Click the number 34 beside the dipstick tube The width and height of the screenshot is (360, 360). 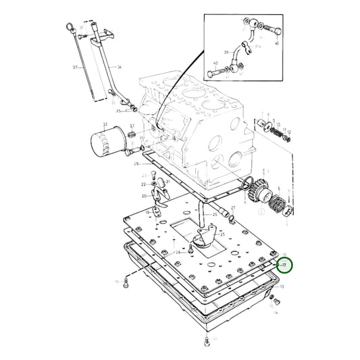120,68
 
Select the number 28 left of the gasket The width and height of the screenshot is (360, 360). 136,163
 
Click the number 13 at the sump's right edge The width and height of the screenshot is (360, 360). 282,287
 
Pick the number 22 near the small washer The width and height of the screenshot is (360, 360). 143,184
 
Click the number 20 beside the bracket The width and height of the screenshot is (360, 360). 143,196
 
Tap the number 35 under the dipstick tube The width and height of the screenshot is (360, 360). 118,111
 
